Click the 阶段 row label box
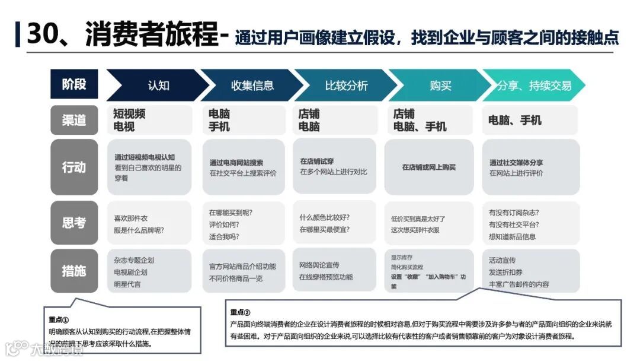(74, 84)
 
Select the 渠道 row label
(74, 120)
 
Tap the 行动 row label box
(74, 167)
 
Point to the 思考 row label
(74, 223)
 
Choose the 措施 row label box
(74, 271)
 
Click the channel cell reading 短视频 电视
(149, 120)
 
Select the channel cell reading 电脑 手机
(244, 120)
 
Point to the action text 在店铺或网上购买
(429, 167)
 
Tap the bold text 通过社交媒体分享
(516, 162)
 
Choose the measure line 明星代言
(127, 284)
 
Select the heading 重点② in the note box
(241, 312)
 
